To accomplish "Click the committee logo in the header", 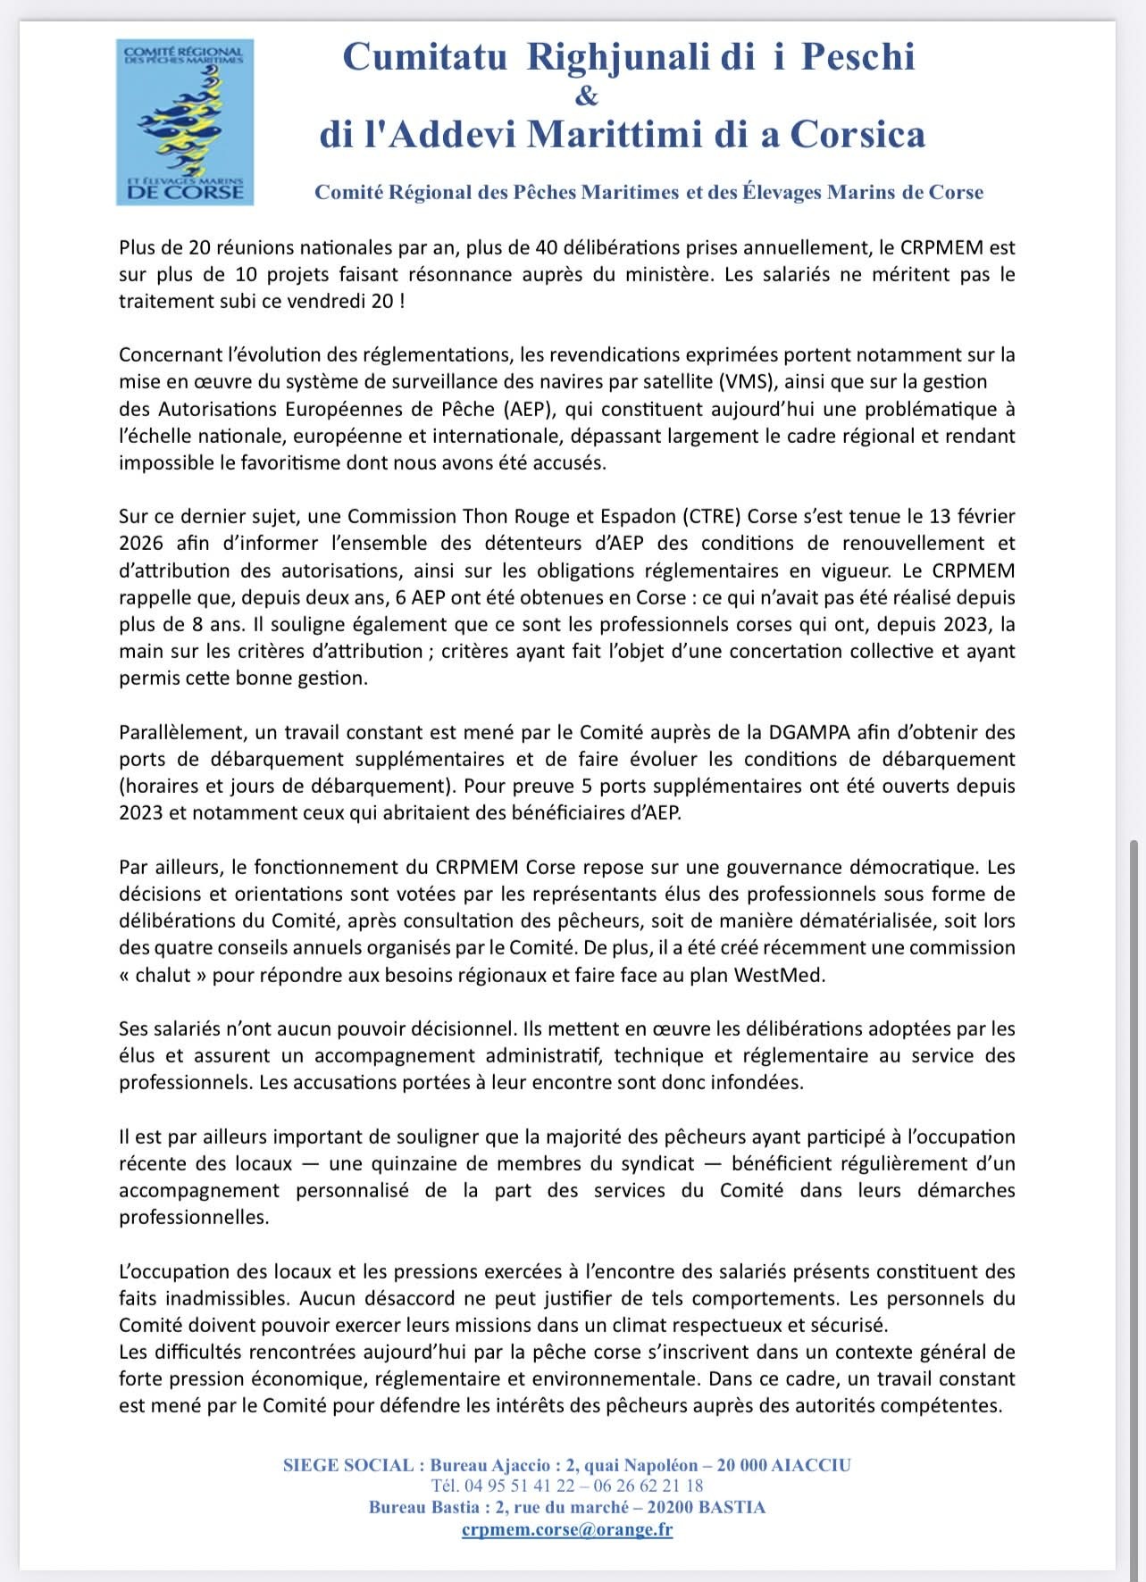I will [x=186, y=121].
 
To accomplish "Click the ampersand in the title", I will [x=588, y=96].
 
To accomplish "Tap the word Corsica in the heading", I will [x=855, y=135].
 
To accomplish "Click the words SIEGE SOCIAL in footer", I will [x=347, y=1465].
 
